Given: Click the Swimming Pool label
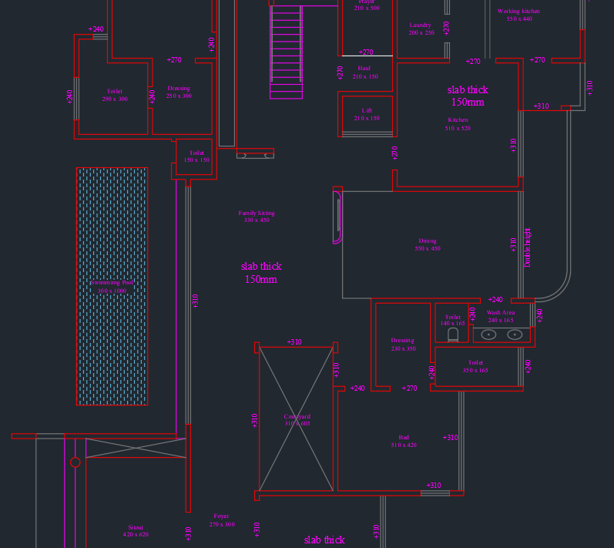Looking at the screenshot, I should [x=112, y=283].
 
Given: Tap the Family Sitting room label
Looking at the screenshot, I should [x=257, y=213].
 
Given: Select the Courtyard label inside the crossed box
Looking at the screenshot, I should [x=297, y=417].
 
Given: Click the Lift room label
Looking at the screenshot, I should [x=367, y=111].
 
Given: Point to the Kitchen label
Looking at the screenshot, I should [x=458, y=120].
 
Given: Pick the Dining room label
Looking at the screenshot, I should [x=428, y=241].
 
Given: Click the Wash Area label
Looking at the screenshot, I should [x=501, y=313].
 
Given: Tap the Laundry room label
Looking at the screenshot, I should [x=421, y=25].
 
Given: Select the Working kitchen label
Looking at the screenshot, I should [x=518, y=12].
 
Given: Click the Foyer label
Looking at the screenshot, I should [x=222, y=516].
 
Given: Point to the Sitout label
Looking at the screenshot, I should [x=136, y=528].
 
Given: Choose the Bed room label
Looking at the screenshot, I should [x=404, y=438].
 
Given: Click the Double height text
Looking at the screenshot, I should [x=528, y=247].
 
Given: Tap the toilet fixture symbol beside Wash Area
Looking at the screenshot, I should [x=452, y=336].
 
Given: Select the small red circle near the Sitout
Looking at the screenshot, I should [x=75, y=462].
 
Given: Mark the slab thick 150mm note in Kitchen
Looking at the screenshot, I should [x=468, y=96].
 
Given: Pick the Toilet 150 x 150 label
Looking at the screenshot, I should [x=196, y=156].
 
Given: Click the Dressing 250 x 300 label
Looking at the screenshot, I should [x=179, y=92].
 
